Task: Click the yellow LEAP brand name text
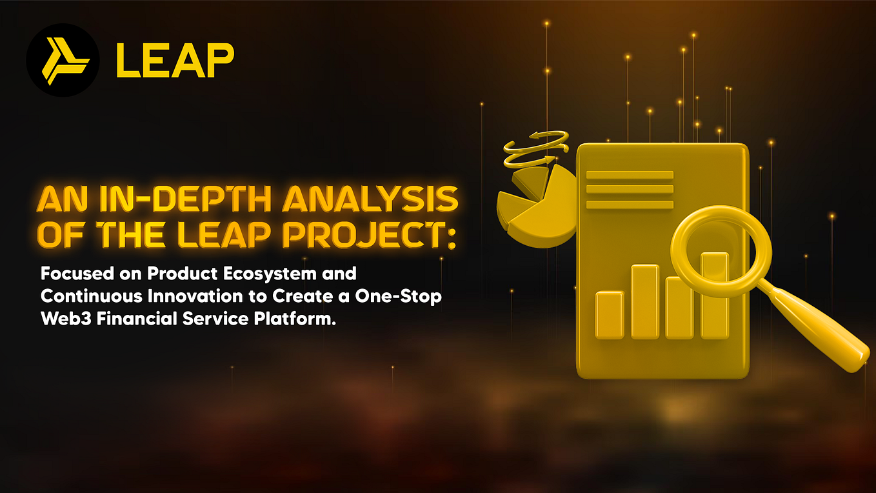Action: pos(174,61)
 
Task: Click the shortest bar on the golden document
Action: pos(610,314)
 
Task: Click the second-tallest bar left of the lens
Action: pos(644,301)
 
